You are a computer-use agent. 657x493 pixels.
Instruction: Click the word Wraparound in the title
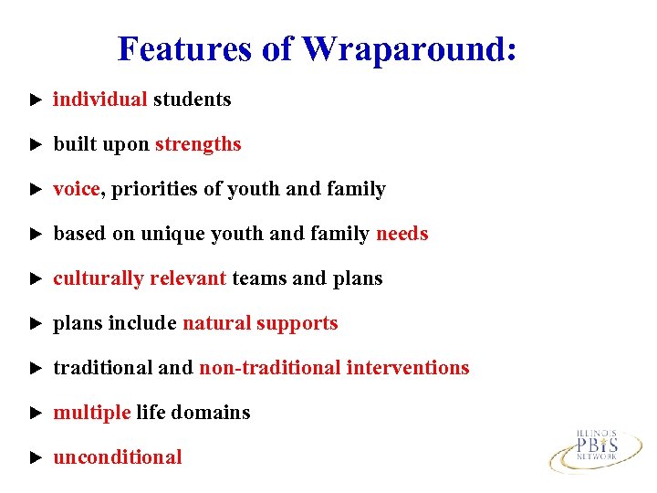pyautogui.click(x=410, y=48)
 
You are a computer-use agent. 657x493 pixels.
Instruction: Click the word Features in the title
pyautogui.click(x=186, y=48)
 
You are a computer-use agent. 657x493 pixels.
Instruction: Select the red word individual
pyautogui.click(x=100, y=100)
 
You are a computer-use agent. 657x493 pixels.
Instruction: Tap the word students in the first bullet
pyautogui.click(x=192, y=100)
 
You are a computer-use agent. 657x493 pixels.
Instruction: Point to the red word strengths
pyautogui.click(x=198, y=144)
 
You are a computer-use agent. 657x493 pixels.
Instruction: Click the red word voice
pyautogui.click(x=77, y=189)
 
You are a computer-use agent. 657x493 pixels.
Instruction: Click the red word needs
pyautogui.click(x=401, y=234)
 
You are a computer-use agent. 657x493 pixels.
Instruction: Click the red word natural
pyautogui.click(x=216, y=323)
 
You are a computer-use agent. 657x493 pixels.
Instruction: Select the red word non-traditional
pyautogui.click(x=270, y=368)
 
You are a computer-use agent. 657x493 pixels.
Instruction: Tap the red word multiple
pyautogui.click(x=92, y=413)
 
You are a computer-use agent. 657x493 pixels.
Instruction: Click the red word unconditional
pyautogui.click(x=118, y=457)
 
